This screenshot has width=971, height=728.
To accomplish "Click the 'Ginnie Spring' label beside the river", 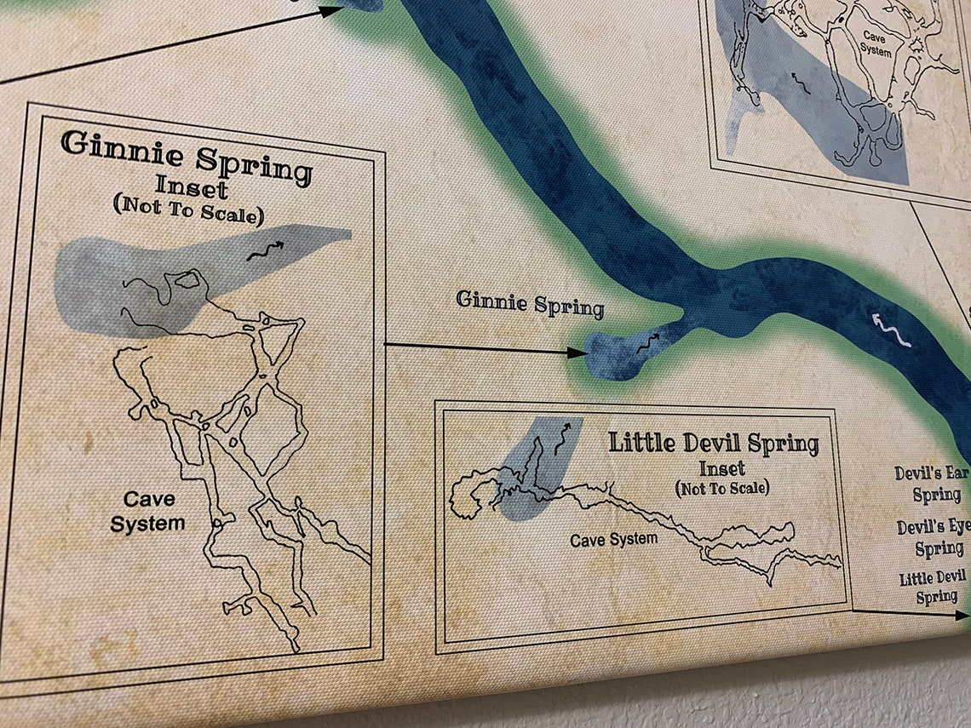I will pyautogui.click(x=530, y=302).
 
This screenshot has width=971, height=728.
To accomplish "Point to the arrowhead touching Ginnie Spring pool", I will pyautogui.click(x=578, y=352).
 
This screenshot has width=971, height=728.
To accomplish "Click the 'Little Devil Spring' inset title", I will pyautogui.click(x=714, y=444).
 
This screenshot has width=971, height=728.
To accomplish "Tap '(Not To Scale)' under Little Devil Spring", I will pyautogui.click(x=722, y=488).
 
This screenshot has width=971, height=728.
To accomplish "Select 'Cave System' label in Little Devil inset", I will pyautogui.click(x=613, y=539).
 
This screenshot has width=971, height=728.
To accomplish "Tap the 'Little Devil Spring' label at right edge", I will pyautogui.click(x=935, y=588).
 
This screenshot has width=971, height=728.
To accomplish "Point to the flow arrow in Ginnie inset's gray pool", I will pyautogui.click(x=266, y=249).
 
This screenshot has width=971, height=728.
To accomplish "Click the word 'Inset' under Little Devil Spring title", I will pyautogui.click(x=722, y=468).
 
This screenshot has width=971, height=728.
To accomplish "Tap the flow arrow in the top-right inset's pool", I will pyautogui.click(x=800, y=82).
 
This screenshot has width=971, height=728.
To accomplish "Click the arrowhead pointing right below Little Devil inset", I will pyautogui.click(x=961, y=612).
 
